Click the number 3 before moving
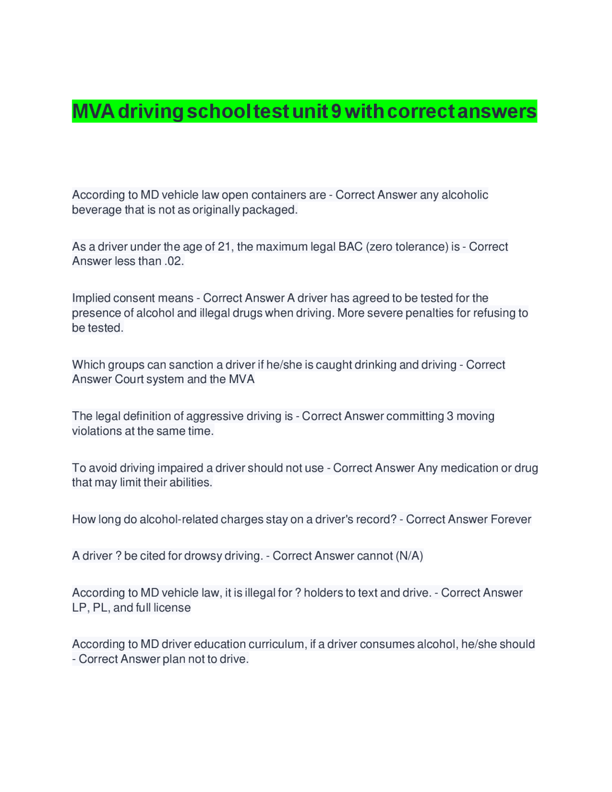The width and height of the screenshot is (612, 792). pos(450,417)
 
